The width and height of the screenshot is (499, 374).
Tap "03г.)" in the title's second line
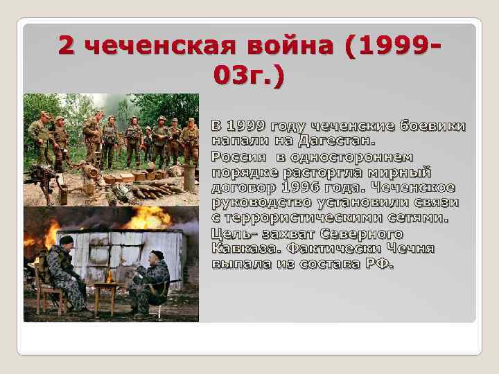[249, 75]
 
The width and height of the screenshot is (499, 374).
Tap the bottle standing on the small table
[108, 276]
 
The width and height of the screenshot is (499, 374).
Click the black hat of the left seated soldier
[66, 240]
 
